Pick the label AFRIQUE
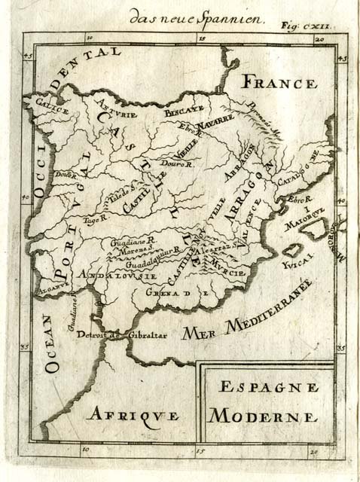point(130,416)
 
